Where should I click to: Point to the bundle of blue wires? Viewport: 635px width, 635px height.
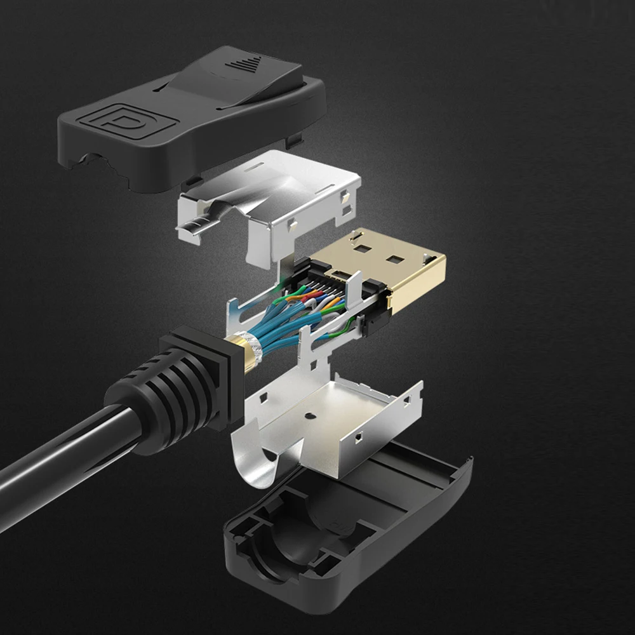click(279, 330)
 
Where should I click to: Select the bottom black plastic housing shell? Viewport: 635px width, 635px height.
click(343, 533)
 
